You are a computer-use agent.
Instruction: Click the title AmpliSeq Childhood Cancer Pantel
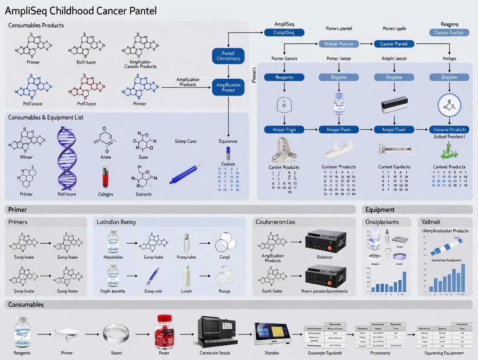tap(81, 11)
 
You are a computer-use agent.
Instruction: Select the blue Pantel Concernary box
tap(228, 56)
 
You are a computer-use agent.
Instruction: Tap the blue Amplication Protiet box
tap(228, 87)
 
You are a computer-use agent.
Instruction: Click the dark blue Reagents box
tap(284, 77)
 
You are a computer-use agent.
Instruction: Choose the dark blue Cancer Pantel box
tap(394, 44)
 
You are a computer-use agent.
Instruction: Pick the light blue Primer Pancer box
tap(339, 44)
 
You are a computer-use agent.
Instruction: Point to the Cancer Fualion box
tap(449, 32)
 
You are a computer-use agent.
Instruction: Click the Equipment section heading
tap(380, 210)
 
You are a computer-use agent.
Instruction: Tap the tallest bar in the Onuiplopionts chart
tap(404, 281)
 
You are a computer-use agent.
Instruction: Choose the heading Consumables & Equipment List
tap(45, 117)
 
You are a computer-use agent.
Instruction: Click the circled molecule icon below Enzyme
tap(449, 105)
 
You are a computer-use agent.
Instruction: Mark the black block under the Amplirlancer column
tap(394, 105)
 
